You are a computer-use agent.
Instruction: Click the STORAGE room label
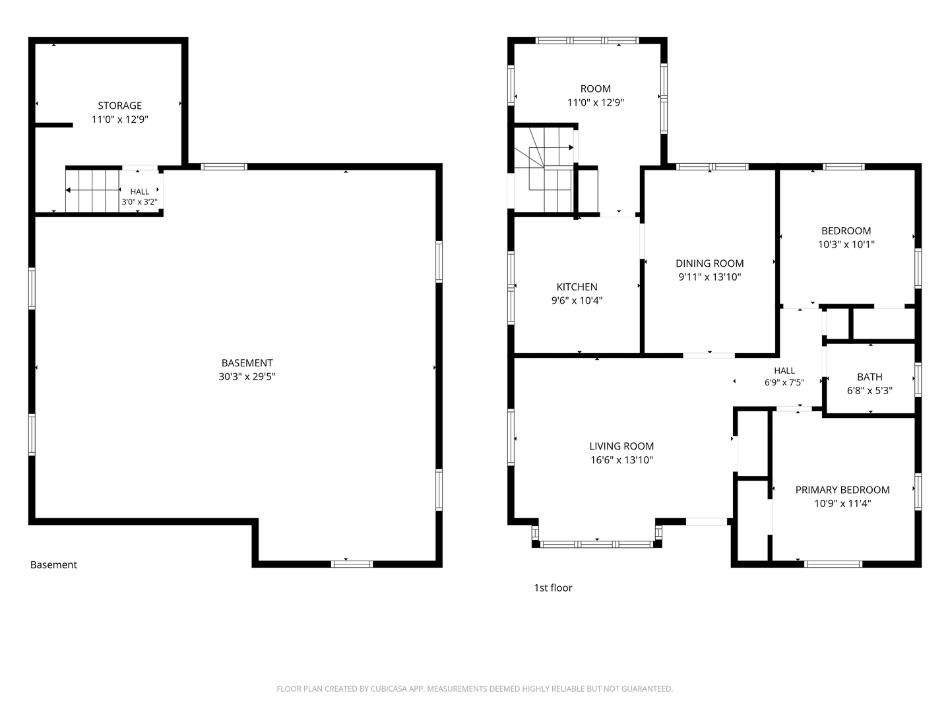[119, 106]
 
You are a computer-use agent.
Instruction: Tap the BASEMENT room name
[247, 363]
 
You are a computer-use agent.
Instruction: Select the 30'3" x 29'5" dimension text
[247, 376]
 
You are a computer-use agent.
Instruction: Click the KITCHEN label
[577, 287]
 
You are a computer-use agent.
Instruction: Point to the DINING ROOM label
[709, 263]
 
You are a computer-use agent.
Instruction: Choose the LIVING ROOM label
[621, 446]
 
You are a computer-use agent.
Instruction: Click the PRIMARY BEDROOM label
[842, 490]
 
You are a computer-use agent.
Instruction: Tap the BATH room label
[870, 377]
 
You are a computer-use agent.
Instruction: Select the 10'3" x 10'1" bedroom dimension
[846, 244]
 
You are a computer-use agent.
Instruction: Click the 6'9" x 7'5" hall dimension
[784, 383]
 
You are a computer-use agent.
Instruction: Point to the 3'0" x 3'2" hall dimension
[139, 202]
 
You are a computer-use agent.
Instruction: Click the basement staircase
[92, 191]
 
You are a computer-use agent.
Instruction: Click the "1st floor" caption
[553, 588]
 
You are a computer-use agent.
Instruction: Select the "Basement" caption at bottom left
[53, 564]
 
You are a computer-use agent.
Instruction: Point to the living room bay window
[596, 544]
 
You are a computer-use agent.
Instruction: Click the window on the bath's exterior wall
[918, 380]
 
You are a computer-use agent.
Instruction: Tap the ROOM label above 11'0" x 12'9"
[595, 88]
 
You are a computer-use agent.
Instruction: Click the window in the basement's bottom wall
[352, 564]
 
